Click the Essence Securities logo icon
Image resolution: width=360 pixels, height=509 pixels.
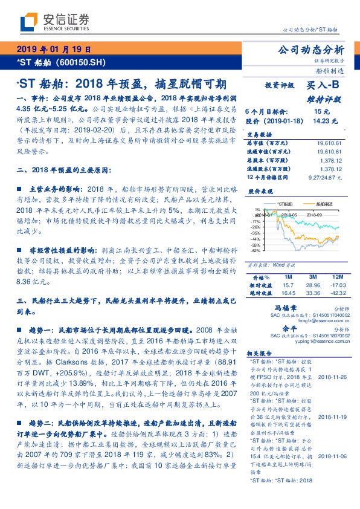click(28, 23)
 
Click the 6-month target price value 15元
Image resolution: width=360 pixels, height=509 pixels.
click(321, 112)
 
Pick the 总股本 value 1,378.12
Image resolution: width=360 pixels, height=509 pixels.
click(331, 160)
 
